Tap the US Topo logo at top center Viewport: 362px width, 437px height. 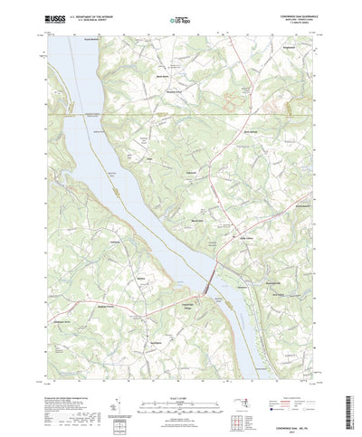click(180, 17)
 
